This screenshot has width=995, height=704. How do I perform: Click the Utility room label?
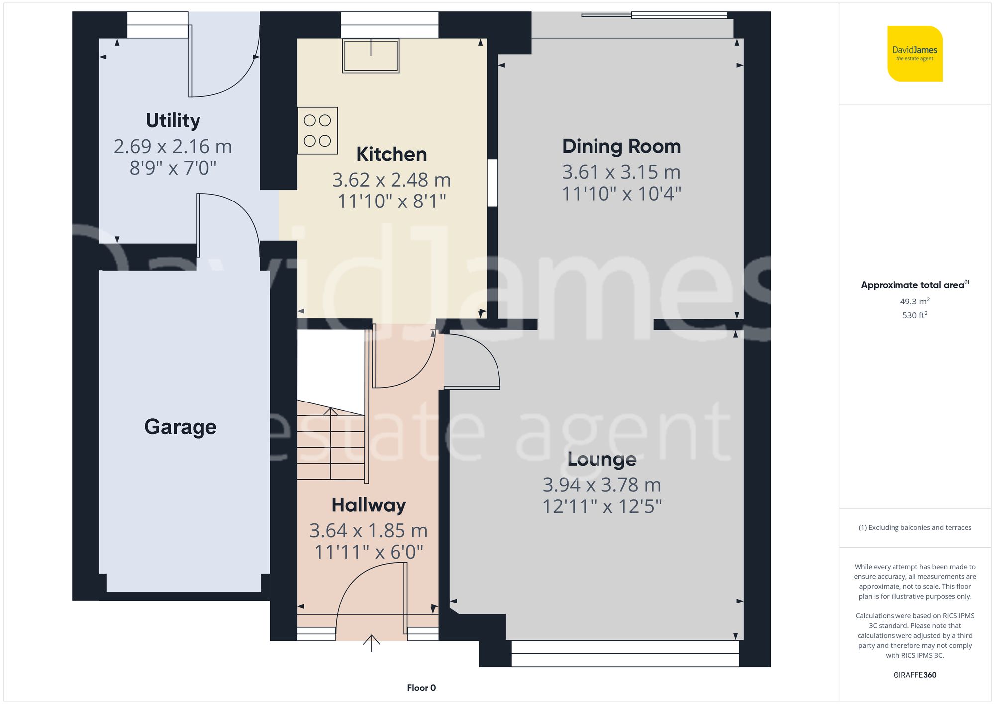(173, 121)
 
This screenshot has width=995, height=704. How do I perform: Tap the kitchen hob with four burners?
(317, 131)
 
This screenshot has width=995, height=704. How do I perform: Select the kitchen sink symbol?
(371, 56)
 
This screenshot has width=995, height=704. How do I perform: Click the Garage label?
(180, 427)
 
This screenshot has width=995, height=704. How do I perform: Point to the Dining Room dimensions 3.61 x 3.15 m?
(621, 172)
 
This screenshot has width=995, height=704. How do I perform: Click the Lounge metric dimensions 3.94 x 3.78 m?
(601, 485)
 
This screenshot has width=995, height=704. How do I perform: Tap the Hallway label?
(369, 505)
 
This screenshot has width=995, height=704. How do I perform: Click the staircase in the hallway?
(330, 443)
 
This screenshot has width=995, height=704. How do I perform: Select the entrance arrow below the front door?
(371, 643)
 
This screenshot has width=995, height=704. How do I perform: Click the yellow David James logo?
(914, 54)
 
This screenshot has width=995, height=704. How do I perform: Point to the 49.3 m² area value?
(914, 302)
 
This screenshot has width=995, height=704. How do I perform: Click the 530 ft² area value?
(914, 315)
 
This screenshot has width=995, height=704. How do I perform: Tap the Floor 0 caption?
(421, 688)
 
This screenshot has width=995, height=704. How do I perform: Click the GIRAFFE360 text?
(914, 675)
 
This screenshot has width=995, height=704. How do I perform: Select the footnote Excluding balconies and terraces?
(914, 528)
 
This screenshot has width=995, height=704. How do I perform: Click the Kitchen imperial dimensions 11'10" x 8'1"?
(392, 201)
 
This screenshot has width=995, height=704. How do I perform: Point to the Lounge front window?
(625, 653)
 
